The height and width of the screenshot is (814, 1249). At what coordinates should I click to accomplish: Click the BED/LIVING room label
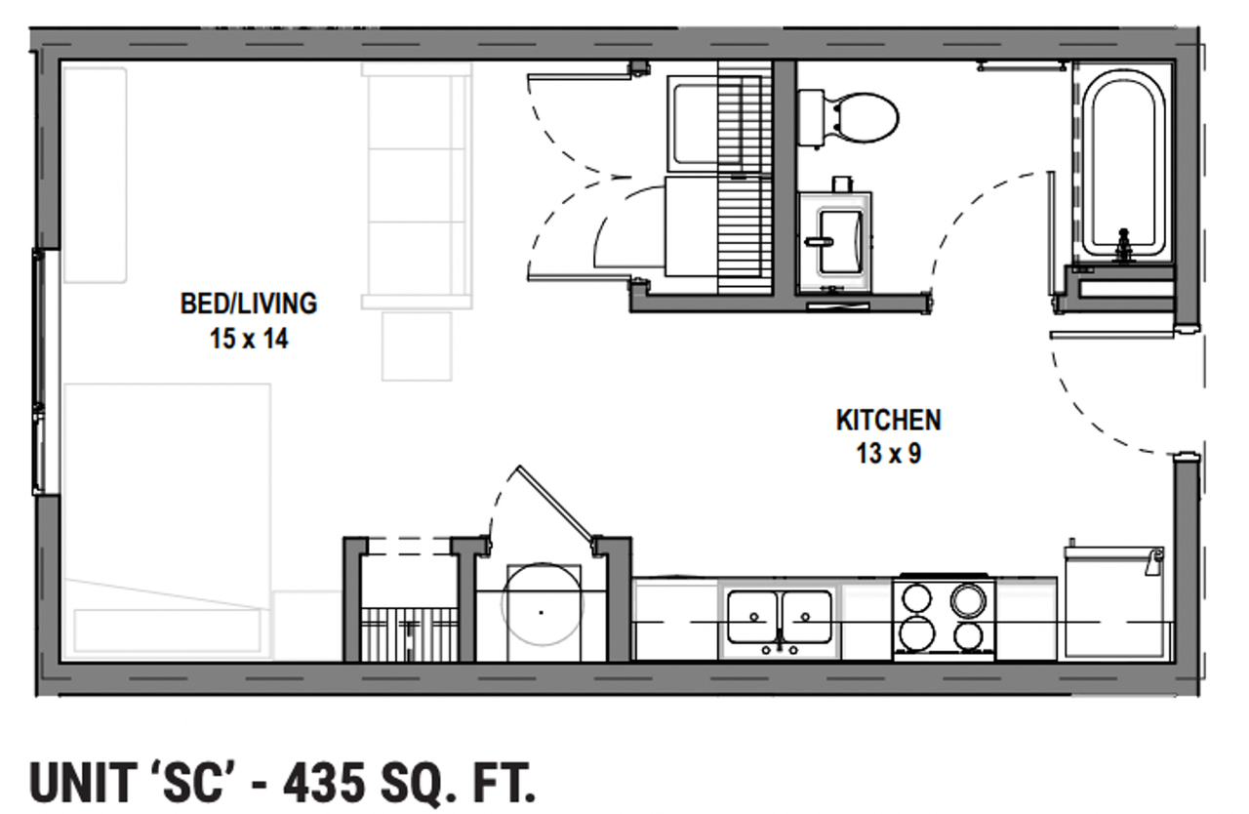249,304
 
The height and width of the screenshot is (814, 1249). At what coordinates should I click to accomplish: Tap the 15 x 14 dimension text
249,339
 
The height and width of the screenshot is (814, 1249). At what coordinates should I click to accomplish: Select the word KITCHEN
889,421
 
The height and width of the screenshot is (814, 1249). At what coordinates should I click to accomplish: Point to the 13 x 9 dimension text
889,453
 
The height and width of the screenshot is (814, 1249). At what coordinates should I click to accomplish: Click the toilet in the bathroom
848,118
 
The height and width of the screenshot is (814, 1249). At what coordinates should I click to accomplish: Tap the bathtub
1123,165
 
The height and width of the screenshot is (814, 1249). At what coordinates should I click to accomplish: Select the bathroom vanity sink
835,242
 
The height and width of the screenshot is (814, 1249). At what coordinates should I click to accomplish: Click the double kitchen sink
780,619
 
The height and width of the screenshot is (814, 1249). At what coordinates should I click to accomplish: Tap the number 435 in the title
325,783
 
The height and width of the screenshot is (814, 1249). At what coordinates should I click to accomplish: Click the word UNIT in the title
83,783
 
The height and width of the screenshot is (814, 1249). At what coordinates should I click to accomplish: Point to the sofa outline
417,185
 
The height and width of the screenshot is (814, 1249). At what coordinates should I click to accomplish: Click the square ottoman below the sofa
417,346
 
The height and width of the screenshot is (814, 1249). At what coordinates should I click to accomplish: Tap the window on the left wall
40,372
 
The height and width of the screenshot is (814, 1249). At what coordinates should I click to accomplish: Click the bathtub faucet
1123,246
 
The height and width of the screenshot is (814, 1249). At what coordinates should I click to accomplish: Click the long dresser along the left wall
95,175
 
